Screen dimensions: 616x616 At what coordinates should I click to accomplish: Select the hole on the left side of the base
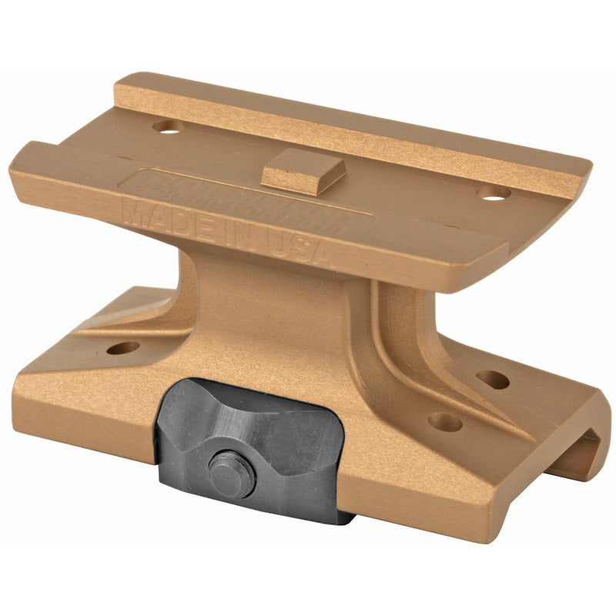click(123, 348)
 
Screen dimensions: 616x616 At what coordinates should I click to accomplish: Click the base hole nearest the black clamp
click(444, 421)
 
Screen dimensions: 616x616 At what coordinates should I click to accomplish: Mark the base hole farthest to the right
click(492, 379)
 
